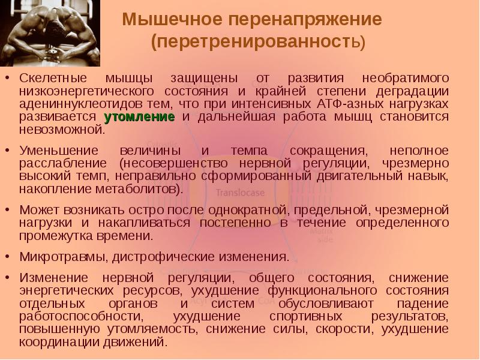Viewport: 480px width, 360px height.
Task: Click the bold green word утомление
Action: [x=139, y=116]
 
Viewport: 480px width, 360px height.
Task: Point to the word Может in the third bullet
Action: [x=36, y=210]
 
